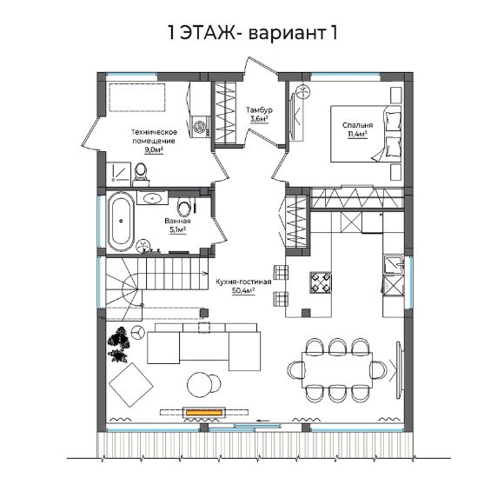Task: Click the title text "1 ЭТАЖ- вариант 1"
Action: click(x=253, y=33)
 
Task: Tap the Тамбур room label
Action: click(x=259, y=110)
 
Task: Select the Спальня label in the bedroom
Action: click(x=357, y=125)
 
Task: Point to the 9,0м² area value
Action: click(x=154, y=150)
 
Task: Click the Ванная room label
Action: click(x=177, y=221)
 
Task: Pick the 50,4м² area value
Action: click(x=243, y=291)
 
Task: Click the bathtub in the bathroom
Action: click(x=121, y=222)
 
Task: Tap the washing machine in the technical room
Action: click(x=200, y=127)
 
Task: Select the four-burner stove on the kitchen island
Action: click(x=321, y=282)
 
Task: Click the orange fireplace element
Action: click(x=204, y=413)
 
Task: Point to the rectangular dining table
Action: click(x=337, y=370)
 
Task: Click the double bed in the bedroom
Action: click(x=366, y=134)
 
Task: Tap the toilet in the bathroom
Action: click(x=184, y=208)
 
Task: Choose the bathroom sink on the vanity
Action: click(x=152, y=198)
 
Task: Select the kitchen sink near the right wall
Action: click(x=394, y=264)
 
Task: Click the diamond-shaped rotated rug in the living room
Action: click(x=131, y=385)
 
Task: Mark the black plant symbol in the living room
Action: click(x=119, y=345)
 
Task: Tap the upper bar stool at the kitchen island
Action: click(x=282, y=272)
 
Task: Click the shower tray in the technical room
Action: click(x=118, y=174)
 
